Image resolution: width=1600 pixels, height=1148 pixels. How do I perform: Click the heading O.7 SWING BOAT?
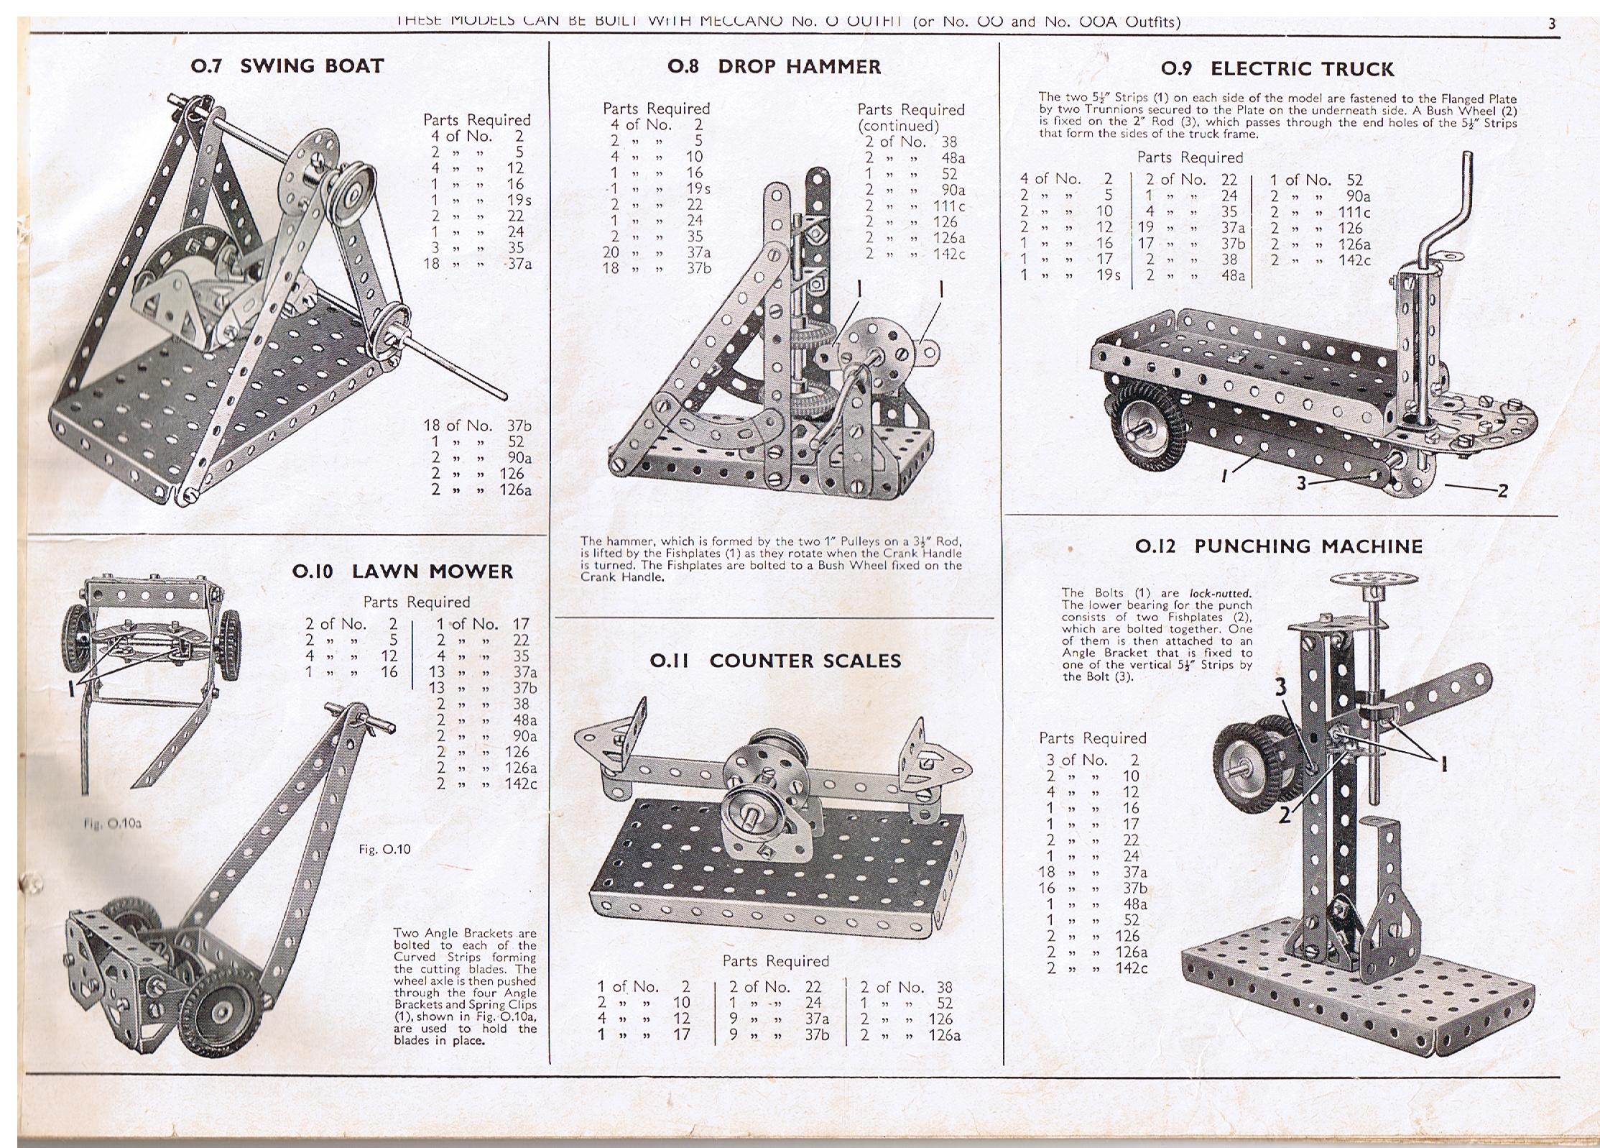coord(287,66)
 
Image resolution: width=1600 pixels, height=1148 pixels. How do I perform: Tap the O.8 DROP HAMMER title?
coord(774,67)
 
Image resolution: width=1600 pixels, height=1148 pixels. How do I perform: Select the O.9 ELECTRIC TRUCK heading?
coord(1277,69)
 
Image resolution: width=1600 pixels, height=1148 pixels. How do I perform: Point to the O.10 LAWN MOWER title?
coord(402,571)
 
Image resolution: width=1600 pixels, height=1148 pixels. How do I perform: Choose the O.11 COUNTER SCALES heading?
coord(774,661)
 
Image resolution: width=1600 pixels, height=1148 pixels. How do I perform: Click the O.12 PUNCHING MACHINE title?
coord(1278,546)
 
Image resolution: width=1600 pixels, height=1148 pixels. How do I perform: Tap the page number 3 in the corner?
coord(1551,24)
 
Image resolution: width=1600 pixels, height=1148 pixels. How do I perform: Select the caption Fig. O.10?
coord(384,849)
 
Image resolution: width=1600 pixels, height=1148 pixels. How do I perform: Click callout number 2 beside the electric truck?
coord(1501,491)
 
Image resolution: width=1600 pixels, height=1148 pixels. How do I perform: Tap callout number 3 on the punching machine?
coord(1280,688)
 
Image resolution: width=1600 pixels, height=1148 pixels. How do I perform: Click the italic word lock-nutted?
coord(1220,593)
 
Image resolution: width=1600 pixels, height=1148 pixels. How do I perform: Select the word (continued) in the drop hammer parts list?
coord(898,126)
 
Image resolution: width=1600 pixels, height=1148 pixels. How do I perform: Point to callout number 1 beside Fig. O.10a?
coord(70,689)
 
